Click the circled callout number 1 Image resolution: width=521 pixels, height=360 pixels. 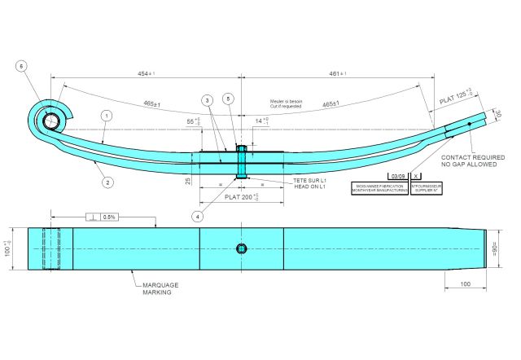click(107, 116)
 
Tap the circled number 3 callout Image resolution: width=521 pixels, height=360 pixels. click(208, 100)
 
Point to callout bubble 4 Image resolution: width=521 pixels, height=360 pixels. click(197, 217)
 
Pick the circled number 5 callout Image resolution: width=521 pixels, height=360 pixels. click(230, 99)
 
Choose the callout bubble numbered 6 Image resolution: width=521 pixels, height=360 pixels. click(22, 66)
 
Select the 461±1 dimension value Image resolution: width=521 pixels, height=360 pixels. click(338, 74)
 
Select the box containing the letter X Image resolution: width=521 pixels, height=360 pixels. click(417, 176)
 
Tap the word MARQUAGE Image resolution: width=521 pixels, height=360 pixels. click(160, 285)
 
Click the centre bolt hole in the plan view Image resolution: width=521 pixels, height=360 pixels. click(241, 248)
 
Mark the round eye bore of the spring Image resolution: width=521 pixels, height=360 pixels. click(51, 121)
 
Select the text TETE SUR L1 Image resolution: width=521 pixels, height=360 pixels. click(309, 180)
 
